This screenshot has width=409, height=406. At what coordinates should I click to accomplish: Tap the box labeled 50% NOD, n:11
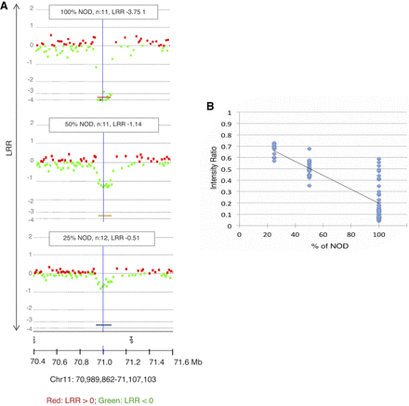[101, 125]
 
